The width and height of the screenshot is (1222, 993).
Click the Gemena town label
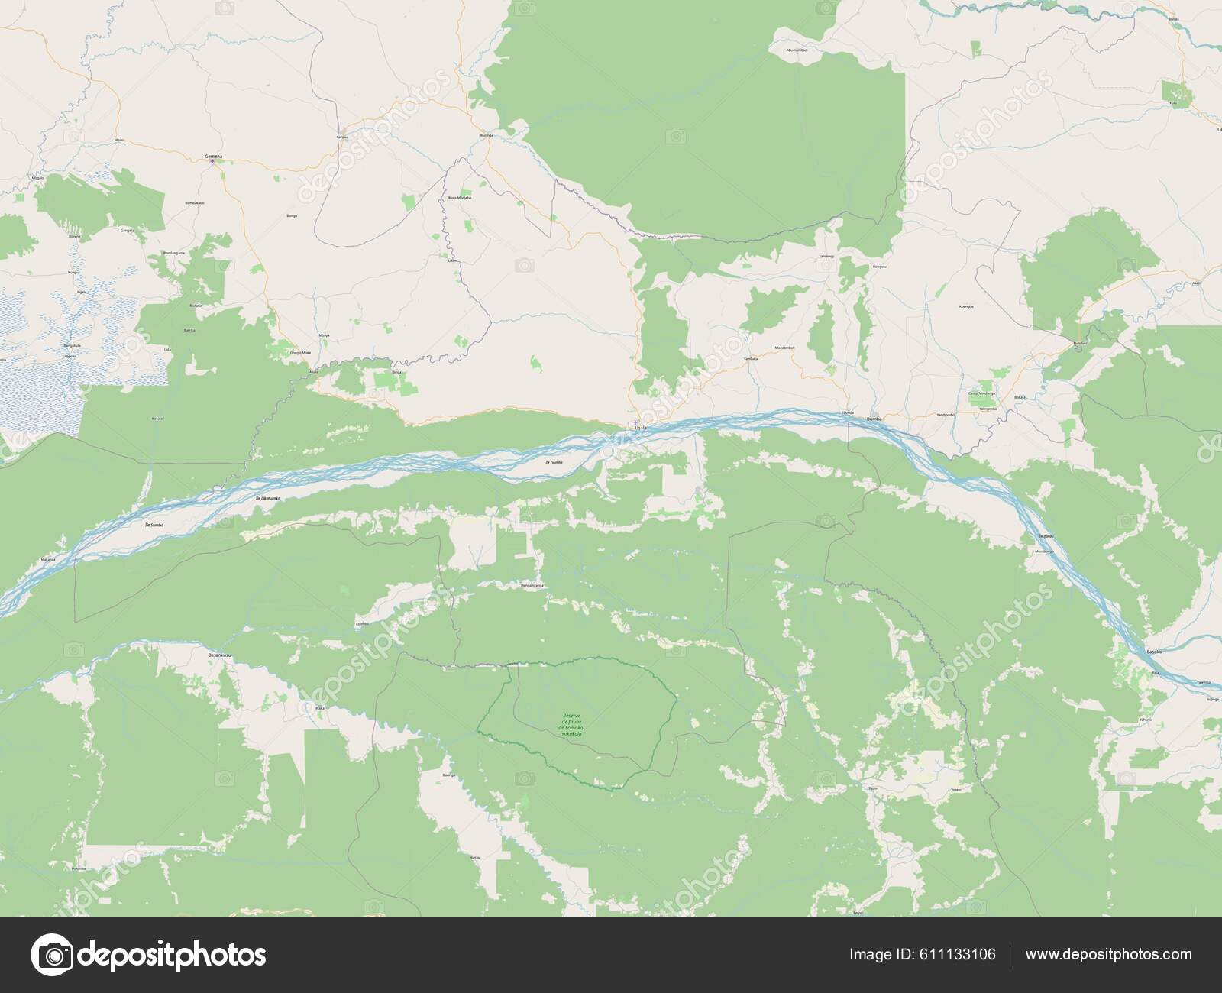(213, 157)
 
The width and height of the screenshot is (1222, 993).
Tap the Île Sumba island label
(154, 526)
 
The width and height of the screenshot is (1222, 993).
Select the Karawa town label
(342, 137)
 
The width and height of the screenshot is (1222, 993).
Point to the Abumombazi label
(797, 50)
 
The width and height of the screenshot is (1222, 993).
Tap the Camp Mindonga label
(981, 393)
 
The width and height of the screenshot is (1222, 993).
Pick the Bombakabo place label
(195, 203)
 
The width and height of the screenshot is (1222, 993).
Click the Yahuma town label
(1143, 720)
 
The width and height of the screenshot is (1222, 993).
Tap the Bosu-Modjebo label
(460, 197)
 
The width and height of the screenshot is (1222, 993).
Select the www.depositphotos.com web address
(1108, 954)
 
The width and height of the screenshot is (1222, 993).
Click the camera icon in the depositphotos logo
(54, 955)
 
